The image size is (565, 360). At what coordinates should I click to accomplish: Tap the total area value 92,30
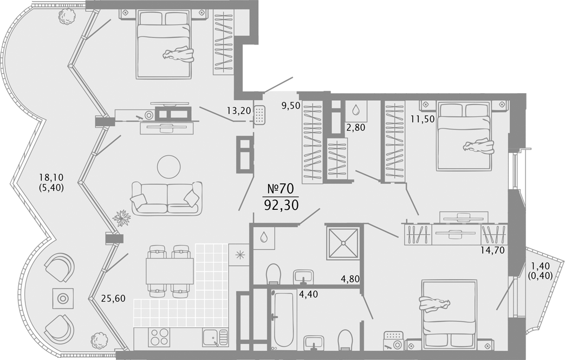click(x=282, y=205)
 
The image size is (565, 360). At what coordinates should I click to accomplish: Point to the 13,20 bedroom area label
click(x=239, y=111)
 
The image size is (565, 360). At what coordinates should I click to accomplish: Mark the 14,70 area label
click(x=492, y=249)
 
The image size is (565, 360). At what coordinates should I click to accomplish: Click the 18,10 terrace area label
click(x=51, y=177)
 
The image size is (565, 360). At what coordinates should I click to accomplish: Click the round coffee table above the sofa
click(x=168, y=166)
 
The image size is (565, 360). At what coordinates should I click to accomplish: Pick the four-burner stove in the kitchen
click(x=159, y=337)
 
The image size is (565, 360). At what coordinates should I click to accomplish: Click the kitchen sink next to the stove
click(x=215, y=338)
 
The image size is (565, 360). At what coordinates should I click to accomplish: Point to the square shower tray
click(x=343, y=243)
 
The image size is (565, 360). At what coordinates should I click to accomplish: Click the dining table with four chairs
click(x=170, y=271)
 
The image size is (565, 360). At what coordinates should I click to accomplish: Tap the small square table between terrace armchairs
click(x=63, y=298)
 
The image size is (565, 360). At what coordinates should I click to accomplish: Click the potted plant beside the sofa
click(x=122, y=218)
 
